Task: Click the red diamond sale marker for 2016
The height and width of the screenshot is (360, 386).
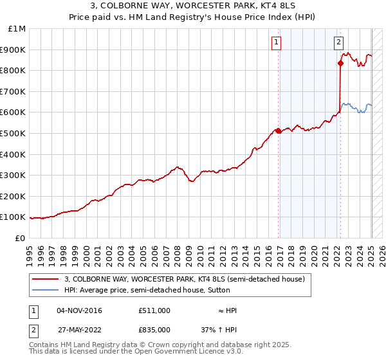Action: [279, 131]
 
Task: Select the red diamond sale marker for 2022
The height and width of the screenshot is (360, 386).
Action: [340, 63]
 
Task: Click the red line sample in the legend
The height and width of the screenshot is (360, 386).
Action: [46, 280]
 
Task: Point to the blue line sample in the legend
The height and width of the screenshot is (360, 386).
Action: [46, 290]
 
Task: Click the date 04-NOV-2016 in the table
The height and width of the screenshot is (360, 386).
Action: [79, 310]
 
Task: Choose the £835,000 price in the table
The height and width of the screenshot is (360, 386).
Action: [154, 329]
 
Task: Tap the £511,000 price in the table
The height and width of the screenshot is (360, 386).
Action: [154, 310]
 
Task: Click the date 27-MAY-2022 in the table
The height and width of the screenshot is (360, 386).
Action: [79, 329]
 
